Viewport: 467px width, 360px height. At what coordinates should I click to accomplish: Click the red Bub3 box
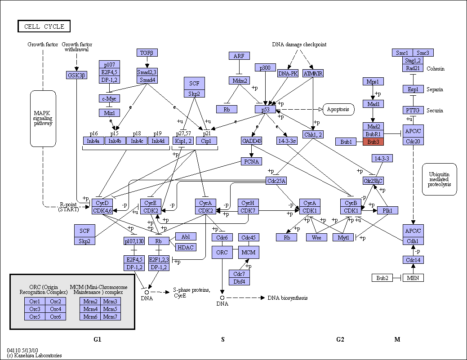[x=373, y=142]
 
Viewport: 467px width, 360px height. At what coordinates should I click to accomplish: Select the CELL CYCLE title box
[x=44, y=26]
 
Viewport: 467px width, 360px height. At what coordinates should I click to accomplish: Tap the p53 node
[x=265, y=109]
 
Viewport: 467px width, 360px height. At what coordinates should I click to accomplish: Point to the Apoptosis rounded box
[x=338, y=109]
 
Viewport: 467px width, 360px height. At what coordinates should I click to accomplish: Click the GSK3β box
[x=76, y=75]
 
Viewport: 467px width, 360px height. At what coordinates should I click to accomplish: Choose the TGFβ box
[x=147, y=53]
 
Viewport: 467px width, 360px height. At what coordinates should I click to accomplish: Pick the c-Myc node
[x=109, y=98]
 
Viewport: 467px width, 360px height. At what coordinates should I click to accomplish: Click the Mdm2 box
[x=240, y=80]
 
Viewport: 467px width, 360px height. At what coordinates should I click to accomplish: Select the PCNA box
[x=251, y=161]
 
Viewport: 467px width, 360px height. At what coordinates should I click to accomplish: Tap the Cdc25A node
[x=276, y=181]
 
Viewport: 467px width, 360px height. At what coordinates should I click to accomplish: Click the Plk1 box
[x=387, y=210]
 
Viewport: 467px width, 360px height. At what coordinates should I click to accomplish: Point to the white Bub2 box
[x=382, y=278]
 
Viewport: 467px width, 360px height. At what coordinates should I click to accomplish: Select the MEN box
[x=413, y=278]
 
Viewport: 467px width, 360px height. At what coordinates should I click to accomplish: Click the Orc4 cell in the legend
[x=55, y=309]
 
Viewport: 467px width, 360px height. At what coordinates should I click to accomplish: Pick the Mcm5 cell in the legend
[x=111, y=309]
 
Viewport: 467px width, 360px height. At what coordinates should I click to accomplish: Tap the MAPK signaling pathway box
[x=43, y=119]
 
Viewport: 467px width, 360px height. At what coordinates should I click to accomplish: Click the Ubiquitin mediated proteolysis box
[x=439, y=179]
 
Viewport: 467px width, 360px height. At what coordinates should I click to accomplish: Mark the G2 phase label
[x=340, y=339]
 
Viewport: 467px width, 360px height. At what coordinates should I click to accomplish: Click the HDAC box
[x=186, y=247]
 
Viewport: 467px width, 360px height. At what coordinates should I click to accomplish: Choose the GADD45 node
[x=252, y=141]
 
